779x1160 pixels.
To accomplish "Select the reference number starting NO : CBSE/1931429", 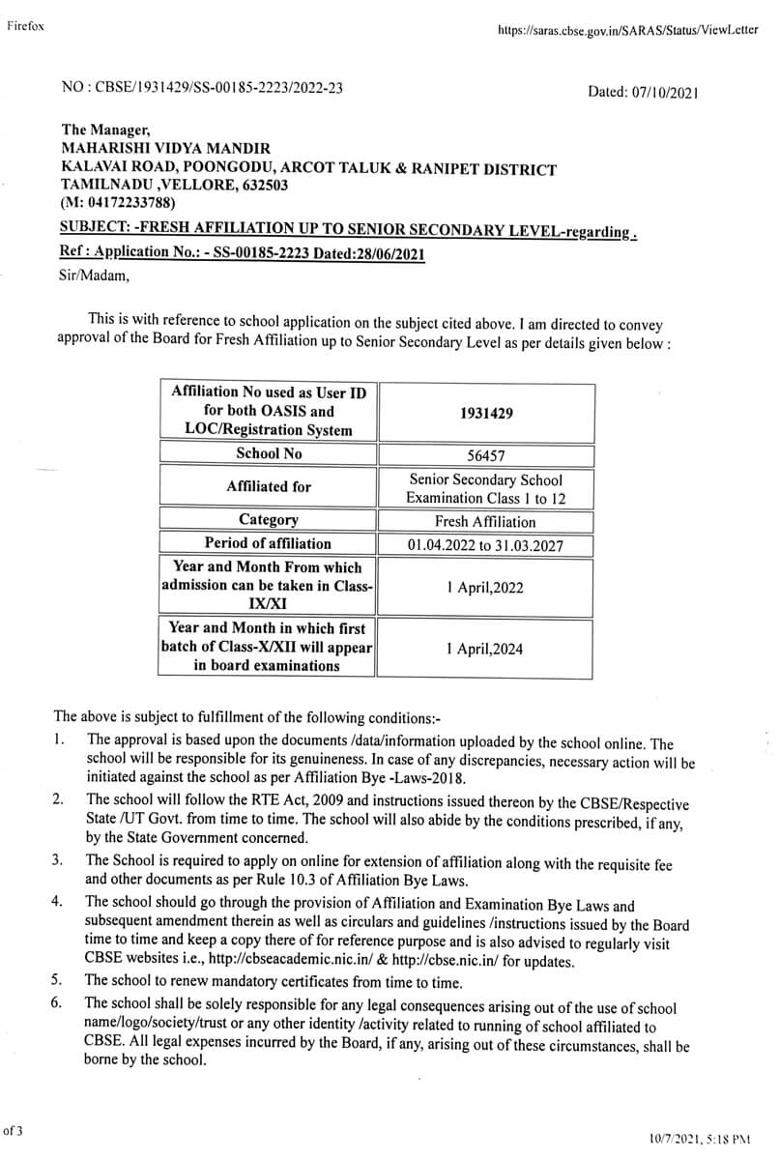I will pos(201,88).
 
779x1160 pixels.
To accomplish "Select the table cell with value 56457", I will pos(485,454).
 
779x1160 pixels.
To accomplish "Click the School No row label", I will pos(269,452).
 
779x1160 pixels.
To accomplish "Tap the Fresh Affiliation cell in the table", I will pos(485,522).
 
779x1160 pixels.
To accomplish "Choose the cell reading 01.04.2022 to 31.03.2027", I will pos(485,545).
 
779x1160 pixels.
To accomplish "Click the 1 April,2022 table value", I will pos(485,587).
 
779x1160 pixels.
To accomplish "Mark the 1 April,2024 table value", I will pos(485,649).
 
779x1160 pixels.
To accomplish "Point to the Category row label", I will pos(269,520).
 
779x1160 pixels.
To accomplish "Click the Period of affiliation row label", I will pos(268,543).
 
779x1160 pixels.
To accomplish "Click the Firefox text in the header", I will pos(25,26).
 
